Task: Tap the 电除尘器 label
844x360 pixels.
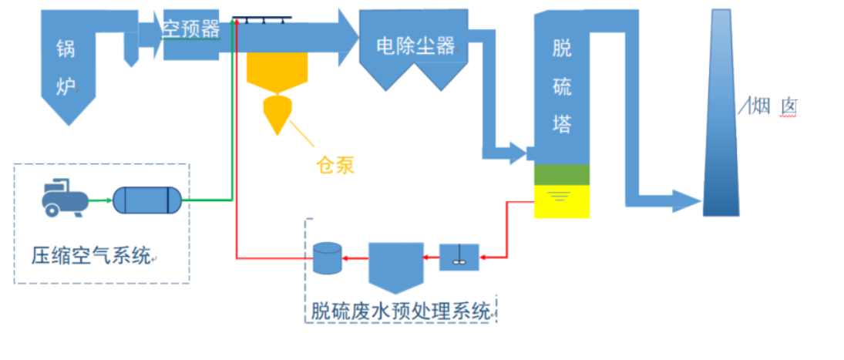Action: coord(415,46)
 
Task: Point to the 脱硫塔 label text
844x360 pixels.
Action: coord(563,86)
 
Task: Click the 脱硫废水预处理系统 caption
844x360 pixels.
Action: coord(401,311)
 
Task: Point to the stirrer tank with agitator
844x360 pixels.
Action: coord(459,257)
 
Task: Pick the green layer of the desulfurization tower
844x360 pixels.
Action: coord(562,175)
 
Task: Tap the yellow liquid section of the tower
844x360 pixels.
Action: coord(562,201)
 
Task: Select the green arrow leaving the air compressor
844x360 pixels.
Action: coord(99,200)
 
